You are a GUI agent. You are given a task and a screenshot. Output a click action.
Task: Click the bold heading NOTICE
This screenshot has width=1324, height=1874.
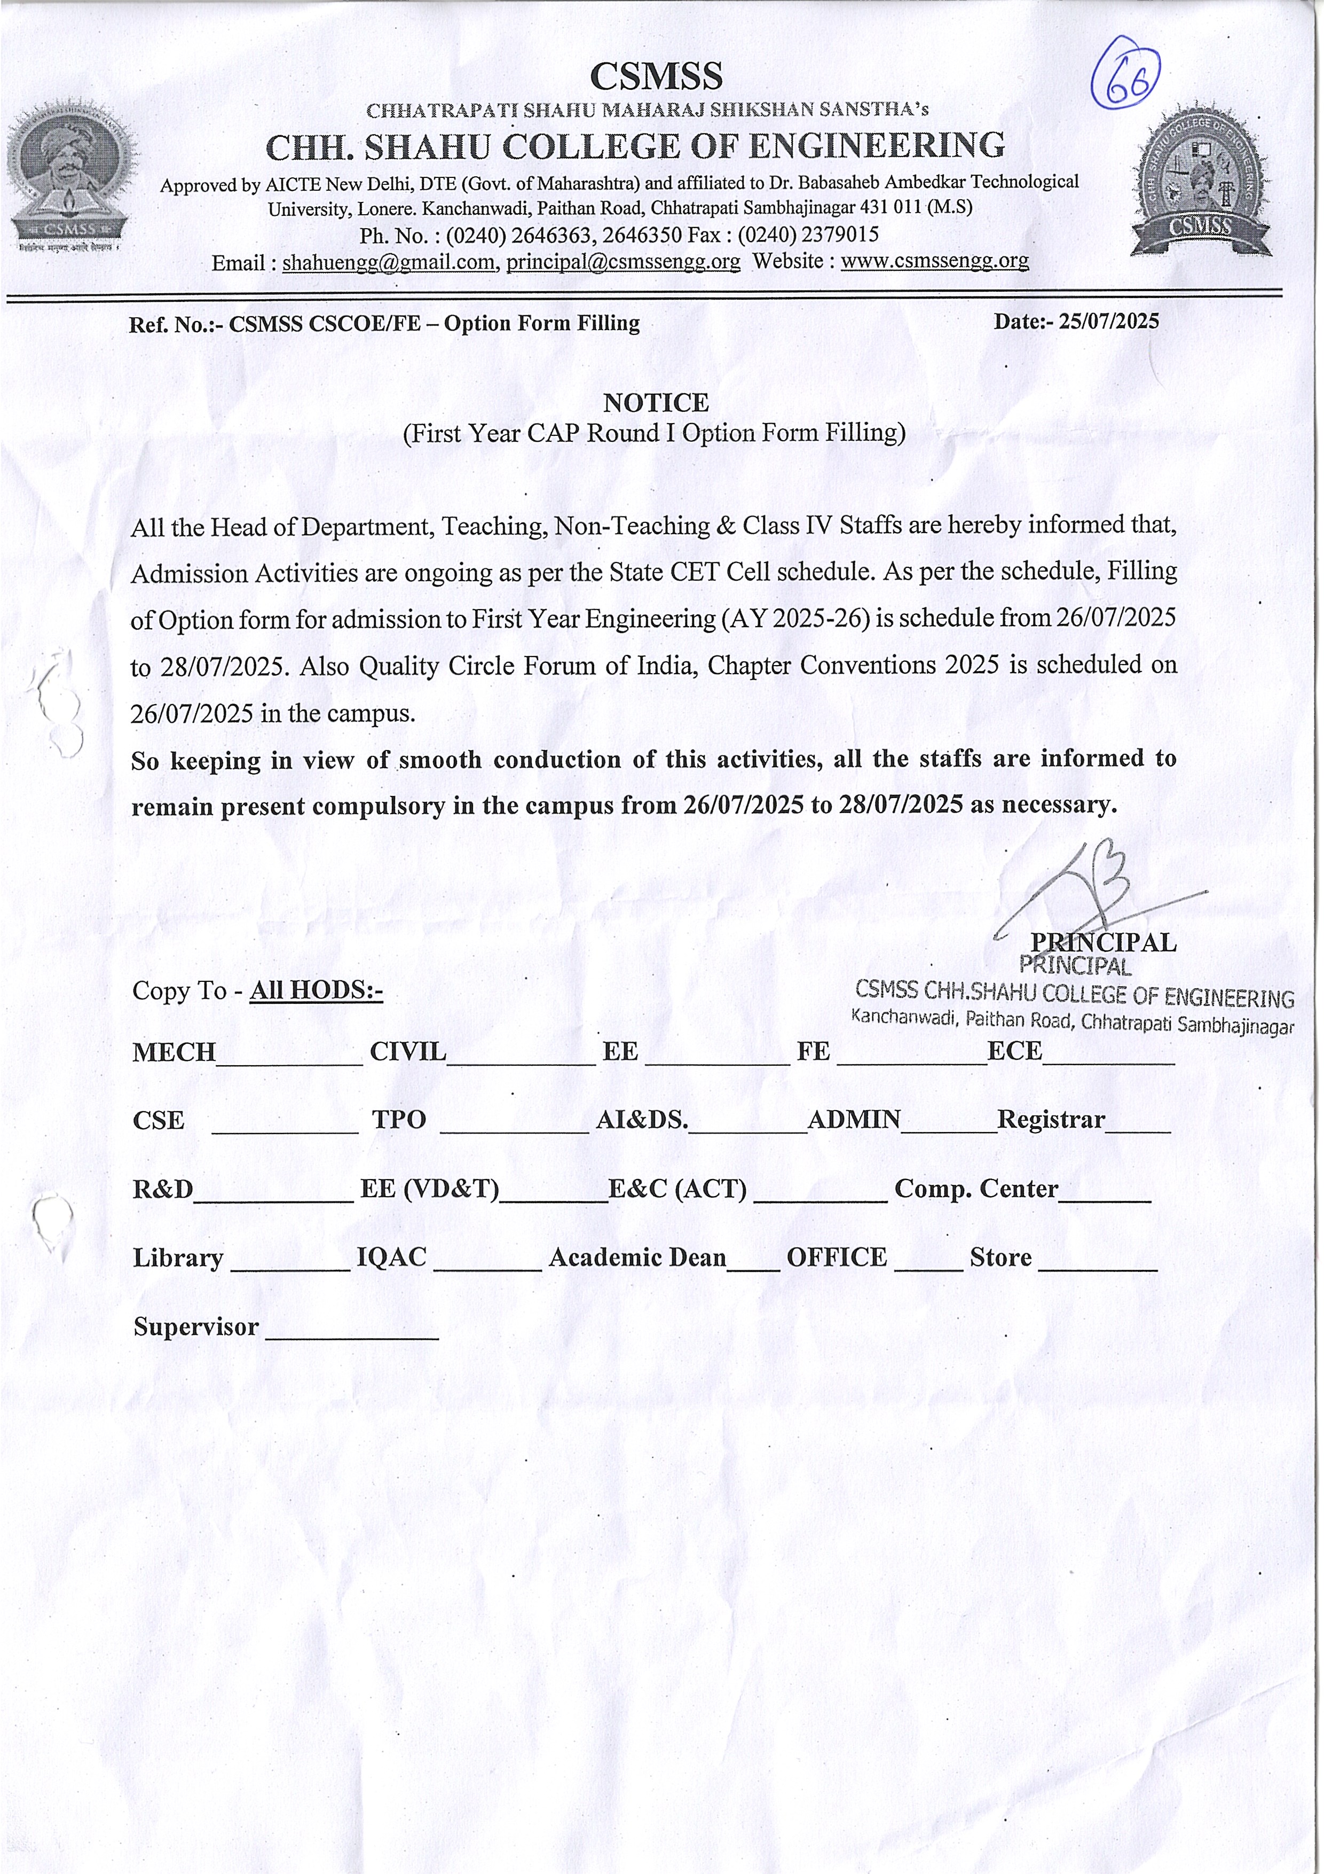pyautogui.click(x=656, y=402)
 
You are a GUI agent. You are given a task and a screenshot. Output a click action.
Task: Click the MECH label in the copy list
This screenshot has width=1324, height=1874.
pyautogui.click(x=174, y=1052)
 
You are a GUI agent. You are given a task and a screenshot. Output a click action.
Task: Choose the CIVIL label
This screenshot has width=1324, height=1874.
pyautogui.click(x=408, y=1051)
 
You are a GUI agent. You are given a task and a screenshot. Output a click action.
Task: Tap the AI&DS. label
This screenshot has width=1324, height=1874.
pyautogui.click(x=641, y=1119)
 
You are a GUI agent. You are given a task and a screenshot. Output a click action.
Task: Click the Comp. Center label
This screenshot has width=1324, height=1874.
pyautogui.click(x=976, y=1189)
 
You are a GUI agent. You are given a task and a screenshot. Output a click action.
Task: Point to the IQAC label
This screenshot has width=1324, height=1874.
pyautogui.click(x=391, y=1257)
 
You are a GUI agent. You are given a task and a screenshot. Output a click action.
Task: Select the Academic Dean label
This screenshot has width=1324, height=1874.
pyautogui.click(x=637, y=1257)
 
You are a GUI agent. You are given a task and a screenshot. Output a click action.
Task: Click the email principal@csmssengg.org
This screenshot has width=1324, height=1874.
pyautogui.click(x=623, y=262)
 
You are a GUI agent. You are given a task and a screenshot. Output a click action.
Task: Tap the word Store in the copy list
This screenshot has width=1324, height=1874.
pyautogui.click(x=1000, y=1257)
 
